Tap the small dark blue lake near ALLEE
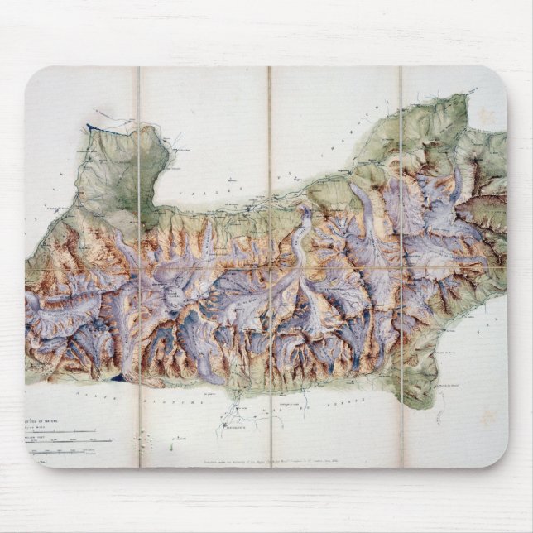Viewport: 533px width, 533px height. (122, 377)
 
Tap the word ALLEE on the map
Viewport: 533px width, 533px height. (79, 396)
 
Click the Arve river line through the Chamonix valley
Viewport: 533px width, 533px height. (273, 199)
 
